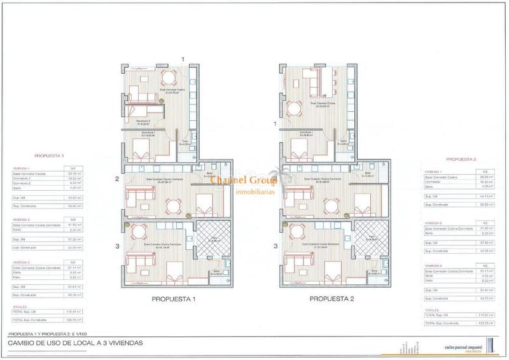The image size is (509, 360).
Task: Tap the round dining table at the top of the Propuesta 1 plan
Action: pyautogui.click(x=168, y=80)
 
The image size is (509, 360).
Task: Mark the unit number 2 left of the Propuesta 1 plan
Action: pyautogui.click(x=118, y=179)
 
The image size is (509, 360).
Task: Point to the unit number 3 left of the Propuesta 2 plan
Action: pyautogui.click(x=275, y=246)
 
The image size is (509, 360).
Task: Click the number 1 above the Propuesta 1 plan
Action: pyautogui.click(x=184, y=59)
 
